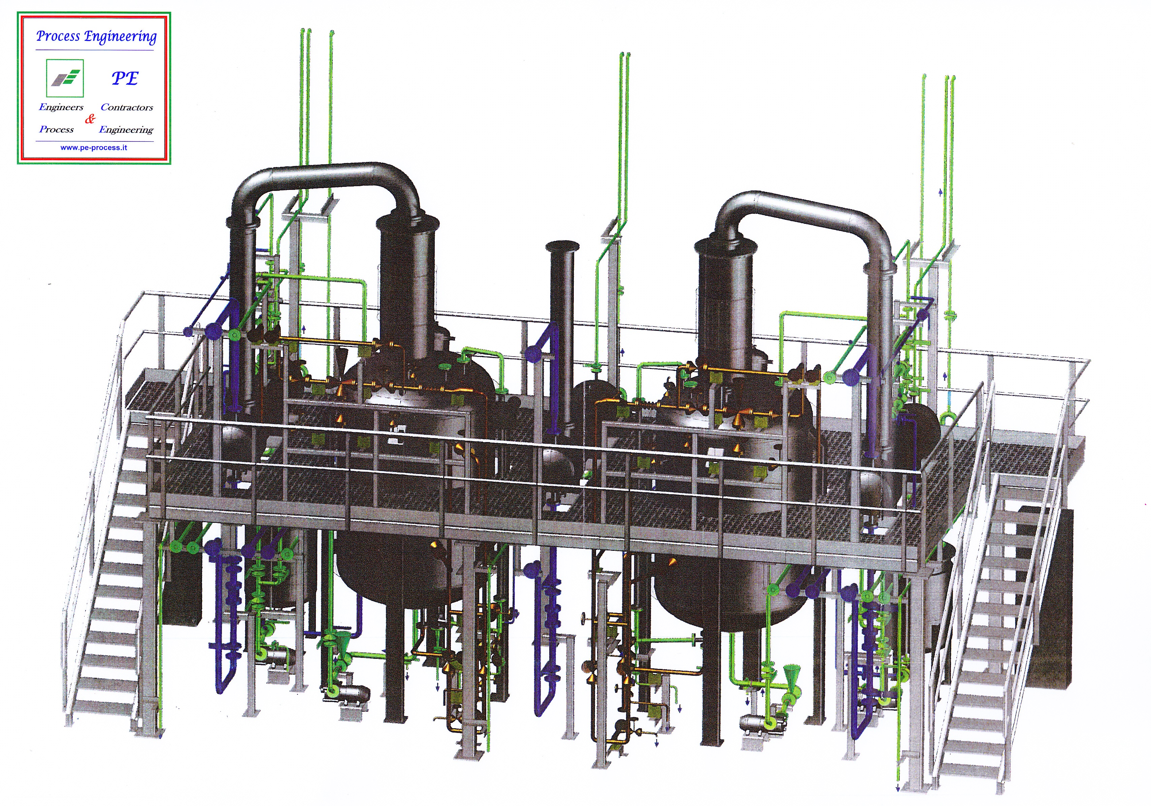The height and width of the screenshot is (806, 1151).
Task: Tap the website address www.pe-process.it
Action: [94, 148]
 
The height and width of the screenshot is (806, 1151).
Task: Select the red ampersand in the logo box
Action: [90, 119]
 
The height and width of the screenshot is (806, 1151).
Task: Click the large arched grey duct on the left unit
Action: [326, 173]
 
